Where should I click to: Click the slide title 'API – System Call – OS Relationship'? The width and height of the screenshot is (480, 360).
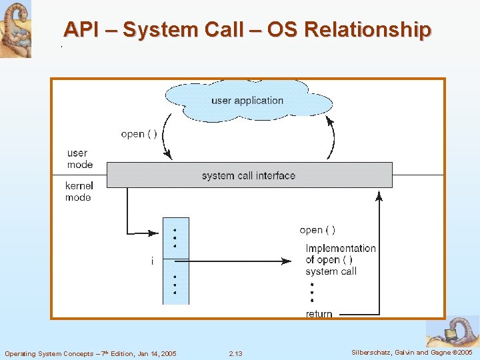click(x=247, y=30)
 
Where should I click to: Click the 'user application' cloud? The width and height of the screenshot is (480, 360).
click(x=247, y=101)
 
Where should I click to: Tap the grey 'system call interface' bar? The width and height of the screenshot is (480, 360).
click(x=249, y=175)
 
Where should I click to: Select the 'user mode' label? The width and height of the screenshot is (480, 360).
click(x=77, y=159)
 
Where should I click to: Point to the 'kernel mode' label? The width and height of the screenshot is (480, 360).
click(x=79, y=191)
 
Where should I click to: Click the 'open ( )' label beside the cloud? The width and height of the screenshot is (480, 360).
click(x=139, y=134)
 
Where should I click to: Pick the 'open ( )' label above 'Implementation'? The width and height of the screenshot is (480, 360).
click(x=317, y=230)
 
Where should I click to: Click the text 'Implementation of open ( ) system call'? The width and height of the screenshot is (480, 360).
click(x=340, y=259)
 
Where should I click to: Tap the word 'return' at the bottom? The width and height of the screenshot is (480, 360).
click(x=319, y=314)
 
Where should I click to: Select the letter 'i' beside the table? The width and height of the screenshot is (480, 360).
click(x=152, y=261)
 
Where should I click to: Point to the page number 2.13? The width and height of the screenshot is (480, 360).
click(x=235, y=353)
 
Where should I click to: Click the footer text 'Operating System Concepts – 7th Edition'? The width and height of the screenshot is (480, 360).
click(x=91, y=353)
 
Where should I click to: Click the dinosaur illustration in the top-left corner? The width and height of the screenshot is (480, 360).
click(x=15, y=29)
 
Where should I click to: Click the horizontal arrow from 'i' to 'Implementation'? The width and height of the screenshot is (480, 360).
click(x=233, y=261)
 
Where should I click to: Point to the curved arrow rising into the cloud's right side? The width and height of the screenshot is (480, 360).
click(x=331, y=137)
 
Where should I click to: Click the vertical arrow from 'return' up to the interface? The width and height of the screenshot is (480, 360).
click(x=379, y=253)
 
